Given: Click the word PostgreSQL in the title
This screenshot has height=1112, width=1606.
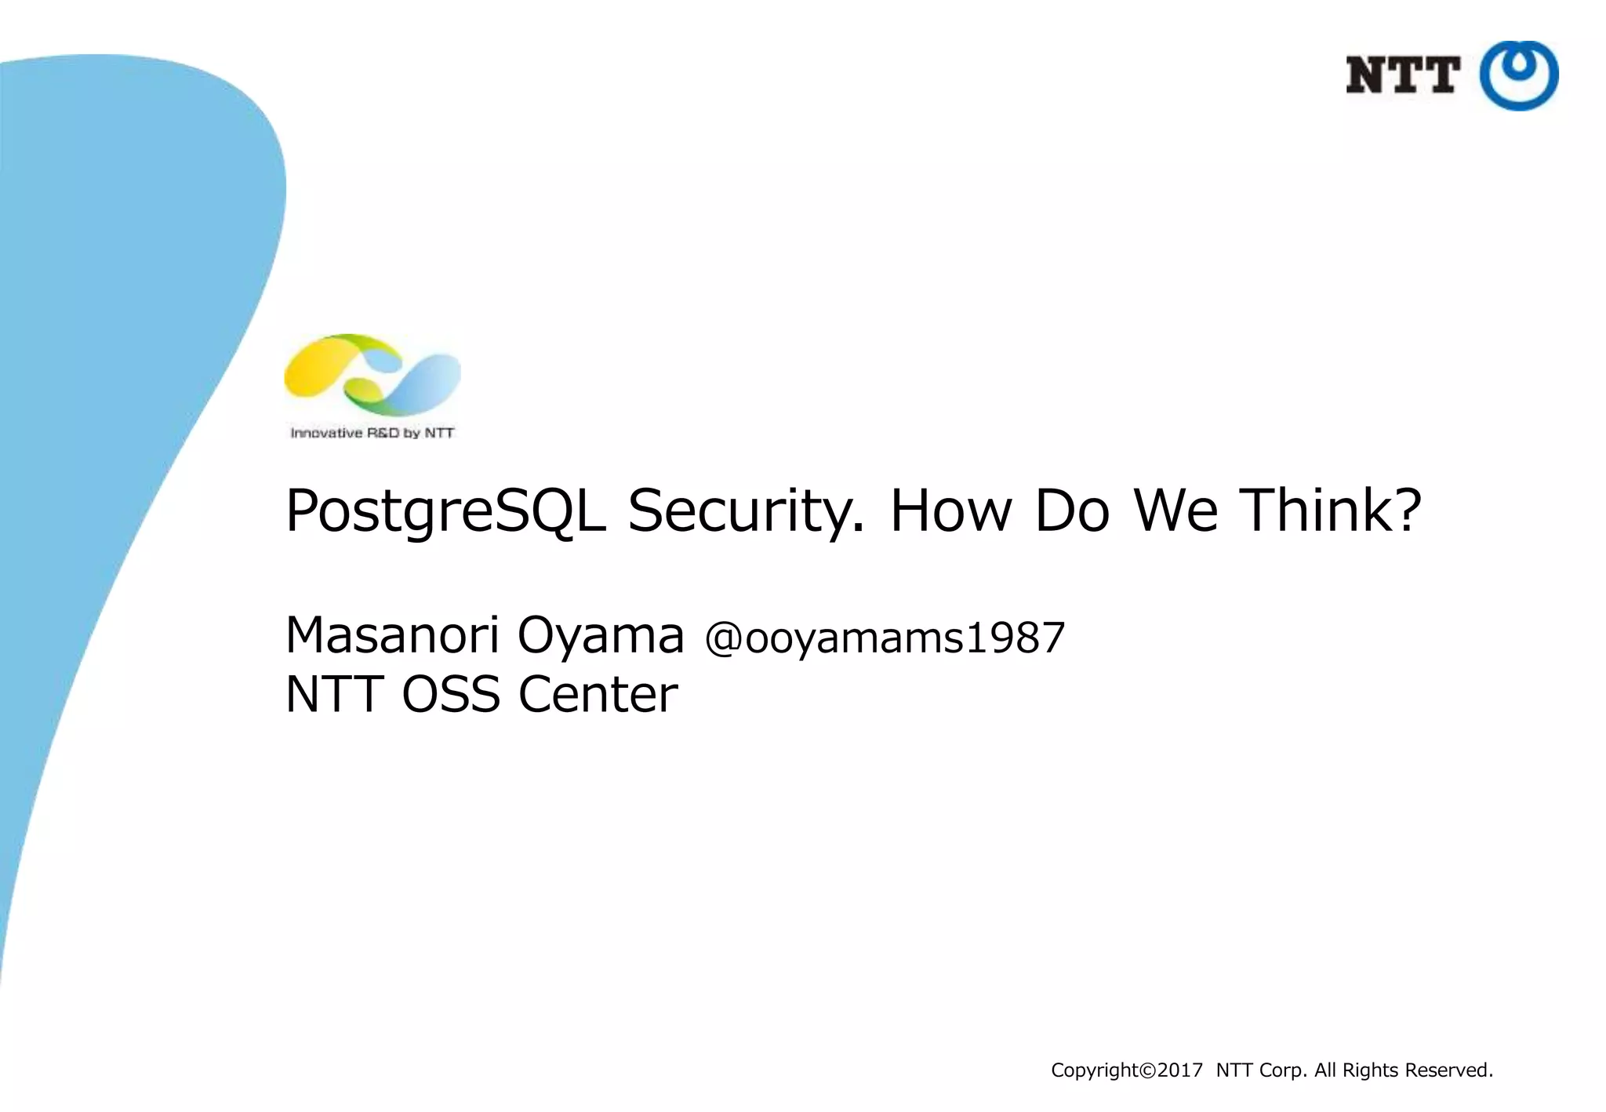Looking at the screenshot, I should point(445,511).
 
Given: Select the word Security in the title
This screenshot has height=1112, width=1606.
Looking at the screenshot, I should point(745,511).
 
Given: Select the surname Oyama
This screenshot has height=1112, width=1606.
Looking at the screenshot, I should point(601,636).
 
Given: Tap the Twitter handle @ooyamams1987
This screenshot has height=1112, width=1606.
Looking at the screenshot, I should point(885,638).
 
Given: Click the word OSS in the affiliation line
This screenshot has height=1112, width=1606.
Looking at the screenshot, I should point(451,694).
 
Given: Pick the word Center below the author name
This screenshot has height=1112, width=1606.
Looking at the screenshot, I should point(598,694).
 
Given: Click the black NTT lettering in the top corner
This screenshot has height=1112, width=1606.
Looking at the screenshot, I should point(1403,75).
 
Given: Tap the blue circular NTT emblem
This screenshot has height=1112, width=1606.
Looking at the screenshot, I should point(1519,75).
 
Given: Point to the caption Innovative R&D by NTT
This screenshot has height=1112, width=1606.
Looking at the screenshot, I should point(372,433).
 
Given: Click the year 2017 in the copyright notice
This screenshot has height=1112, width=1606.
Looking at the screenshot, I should point(1180,1070).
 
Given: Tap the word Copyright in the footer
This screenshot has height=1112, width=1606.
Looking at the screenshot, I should point(1095,1070).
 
